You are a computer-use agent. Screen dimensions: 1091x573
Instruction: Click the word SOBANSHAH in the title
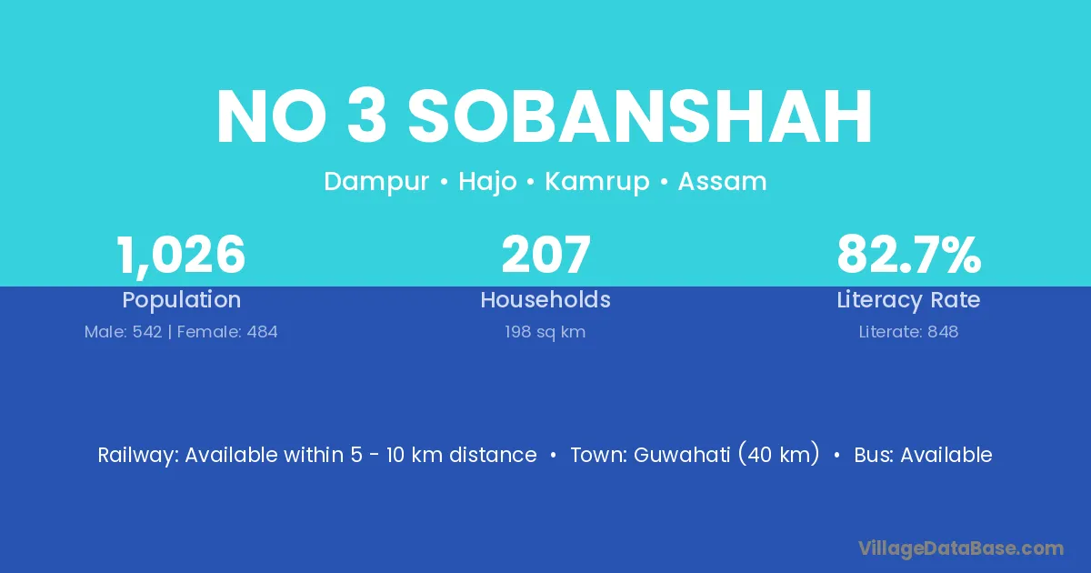tap(639, 117)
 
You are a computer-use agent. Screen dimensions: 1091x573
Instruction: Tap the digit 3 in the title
tap(366, 117)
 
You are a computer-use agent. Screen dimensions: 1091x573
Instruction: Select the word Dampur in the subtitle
tap(376, 182)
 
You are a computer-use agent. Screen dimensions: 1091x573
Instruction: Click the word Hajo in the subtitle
tap(487, 182)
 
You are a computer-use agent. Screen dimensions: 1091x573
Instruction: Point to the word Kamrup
tap(597, 182)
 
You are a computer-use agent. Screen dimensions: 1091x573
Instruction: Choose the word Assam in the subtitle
tap(722, 181)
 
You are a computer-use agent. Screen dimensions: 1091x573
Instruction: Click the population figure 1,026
tap(181, 256)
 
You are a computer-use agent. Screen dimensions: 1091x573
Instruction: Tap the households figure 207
tap(546, 255)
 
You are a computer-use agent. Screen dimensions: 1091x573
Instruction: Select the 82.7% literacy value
tap(909, 255)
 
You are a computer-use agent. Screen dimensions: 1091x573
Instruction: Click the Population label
tap(182, 300)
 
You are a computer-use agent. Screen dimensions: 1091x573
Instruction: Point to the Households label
tap(545, 299)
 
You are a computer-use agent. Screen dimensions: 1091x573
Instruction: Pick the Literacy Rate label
tap(908, 300)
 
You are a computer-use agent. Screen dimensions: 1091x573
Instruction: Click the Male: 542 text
tap(124, 332)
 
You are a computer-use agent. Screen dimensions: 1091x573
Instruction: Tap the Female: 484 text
tap(227, 332)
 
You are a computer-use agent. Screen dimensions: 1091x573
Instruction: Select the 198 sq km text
tap(545, 332)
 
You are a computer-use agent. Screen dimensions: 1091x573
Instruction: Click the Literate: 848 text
tap(908, 332)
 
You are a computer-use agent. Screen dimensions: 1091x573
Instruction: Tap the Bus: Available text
tap(923, 455)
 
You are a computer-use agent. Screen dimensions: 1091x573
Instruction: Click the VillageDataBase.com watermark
tap(961, 549)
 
